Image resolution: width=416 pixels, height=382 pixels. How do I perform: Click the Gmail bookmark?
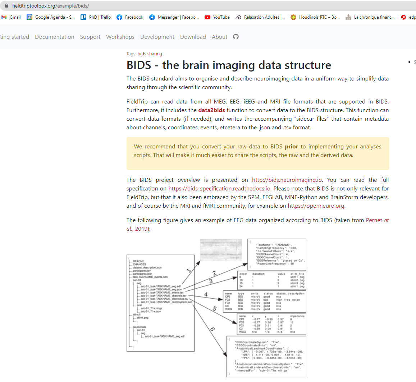(11, 17)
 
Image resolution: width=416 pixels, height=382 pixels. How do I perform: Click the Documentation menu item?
(55, 37)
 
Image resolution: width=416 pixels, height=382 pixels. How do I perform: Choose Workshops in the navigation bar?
(120, 37)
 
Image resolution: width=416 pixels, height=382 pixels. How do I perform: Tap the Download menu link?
(193, 37)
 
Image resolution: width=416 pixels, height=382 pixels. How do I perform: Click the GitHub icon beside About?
(236, 37)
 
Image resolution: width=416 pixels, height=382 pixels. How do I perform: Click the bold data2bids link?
(211, 110)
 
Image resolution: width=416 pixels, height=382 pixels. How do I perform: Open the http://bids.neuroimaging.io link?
(287, 180)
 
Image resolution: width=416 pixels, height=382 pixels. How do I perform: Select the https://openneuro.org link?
(316, 206)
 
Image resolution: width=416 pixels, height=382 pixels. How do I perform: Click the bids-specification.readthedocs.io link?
(219, 189)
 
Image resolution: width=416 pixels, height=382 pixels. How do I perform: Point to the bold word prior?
(292, 147)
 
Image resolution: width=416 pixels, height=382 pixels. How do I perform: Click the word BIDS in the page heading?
(139, 65)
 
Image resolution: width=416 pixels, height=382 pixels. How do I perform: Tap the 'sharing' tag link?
(155, 54)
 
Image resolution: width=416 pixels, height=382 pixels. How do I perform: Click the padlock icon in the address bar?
(6, 6)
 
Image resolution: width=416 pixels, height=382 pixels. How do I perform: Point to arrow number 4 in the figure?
(206, 294)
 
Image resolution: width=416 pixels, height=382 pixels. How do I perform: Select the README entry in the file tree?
(138, 261)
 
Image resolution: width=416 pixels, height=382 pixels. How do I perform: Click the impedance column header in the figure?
(297, 316)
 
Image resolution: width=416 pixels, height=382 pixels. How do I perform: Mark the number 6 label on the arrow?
(212, 329)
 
